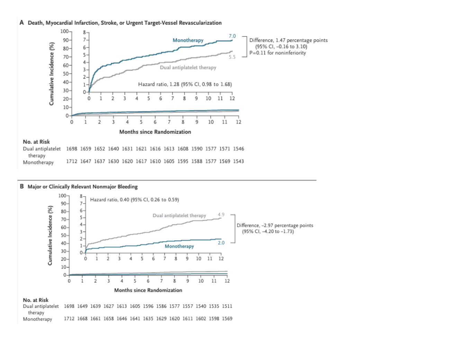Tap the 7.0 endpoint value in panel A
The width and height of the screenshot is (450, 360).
click(232, 36)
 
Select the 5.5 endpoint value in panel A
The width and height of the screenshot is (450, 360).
click(232, 57)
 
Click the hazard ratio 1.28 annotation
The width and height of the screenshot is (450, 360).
click(185, 84)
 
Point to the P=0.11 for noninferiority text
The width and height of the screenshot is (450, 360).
click(278, 53)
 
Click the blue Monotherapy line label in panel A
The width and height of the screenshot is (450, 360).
click(188, 40)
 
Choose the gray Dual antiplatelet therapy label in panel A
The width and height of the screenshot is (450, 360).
click(188, 67)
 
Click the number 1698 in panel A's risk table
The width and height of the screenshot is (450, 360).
click(72, 149)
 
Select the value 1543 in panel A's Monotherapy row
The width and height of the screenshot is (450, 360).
click(238, 161)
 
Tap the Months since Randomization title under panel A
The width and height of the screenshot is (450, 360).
click(155, 132)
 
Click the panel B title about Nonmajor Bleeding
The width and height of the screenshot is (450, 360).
click(83, 187)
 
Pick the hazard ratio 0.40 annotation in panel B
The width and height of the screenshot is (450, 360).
click(134, 200)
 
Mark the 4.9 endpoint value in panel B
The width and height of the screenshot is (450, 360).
click(221, 215)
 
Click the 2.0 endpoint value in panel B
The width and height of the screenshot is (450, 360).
click(221, 243)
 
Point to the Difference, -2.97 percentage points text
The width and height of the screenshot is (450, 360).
click(275, 225)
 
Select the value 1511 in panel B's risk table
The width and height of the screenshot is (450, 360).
click(227, 306)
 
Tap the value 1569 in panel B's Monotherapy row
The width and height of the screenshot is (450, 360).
click(227, 318)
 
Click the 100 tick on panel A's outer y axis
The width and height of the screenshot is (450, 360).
click(64, 31)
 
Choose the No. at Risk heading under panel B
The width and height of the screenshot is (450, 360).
click(36, 300)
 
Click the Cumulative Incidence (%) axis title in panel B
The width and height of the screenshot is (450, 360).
click(50, 235)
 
